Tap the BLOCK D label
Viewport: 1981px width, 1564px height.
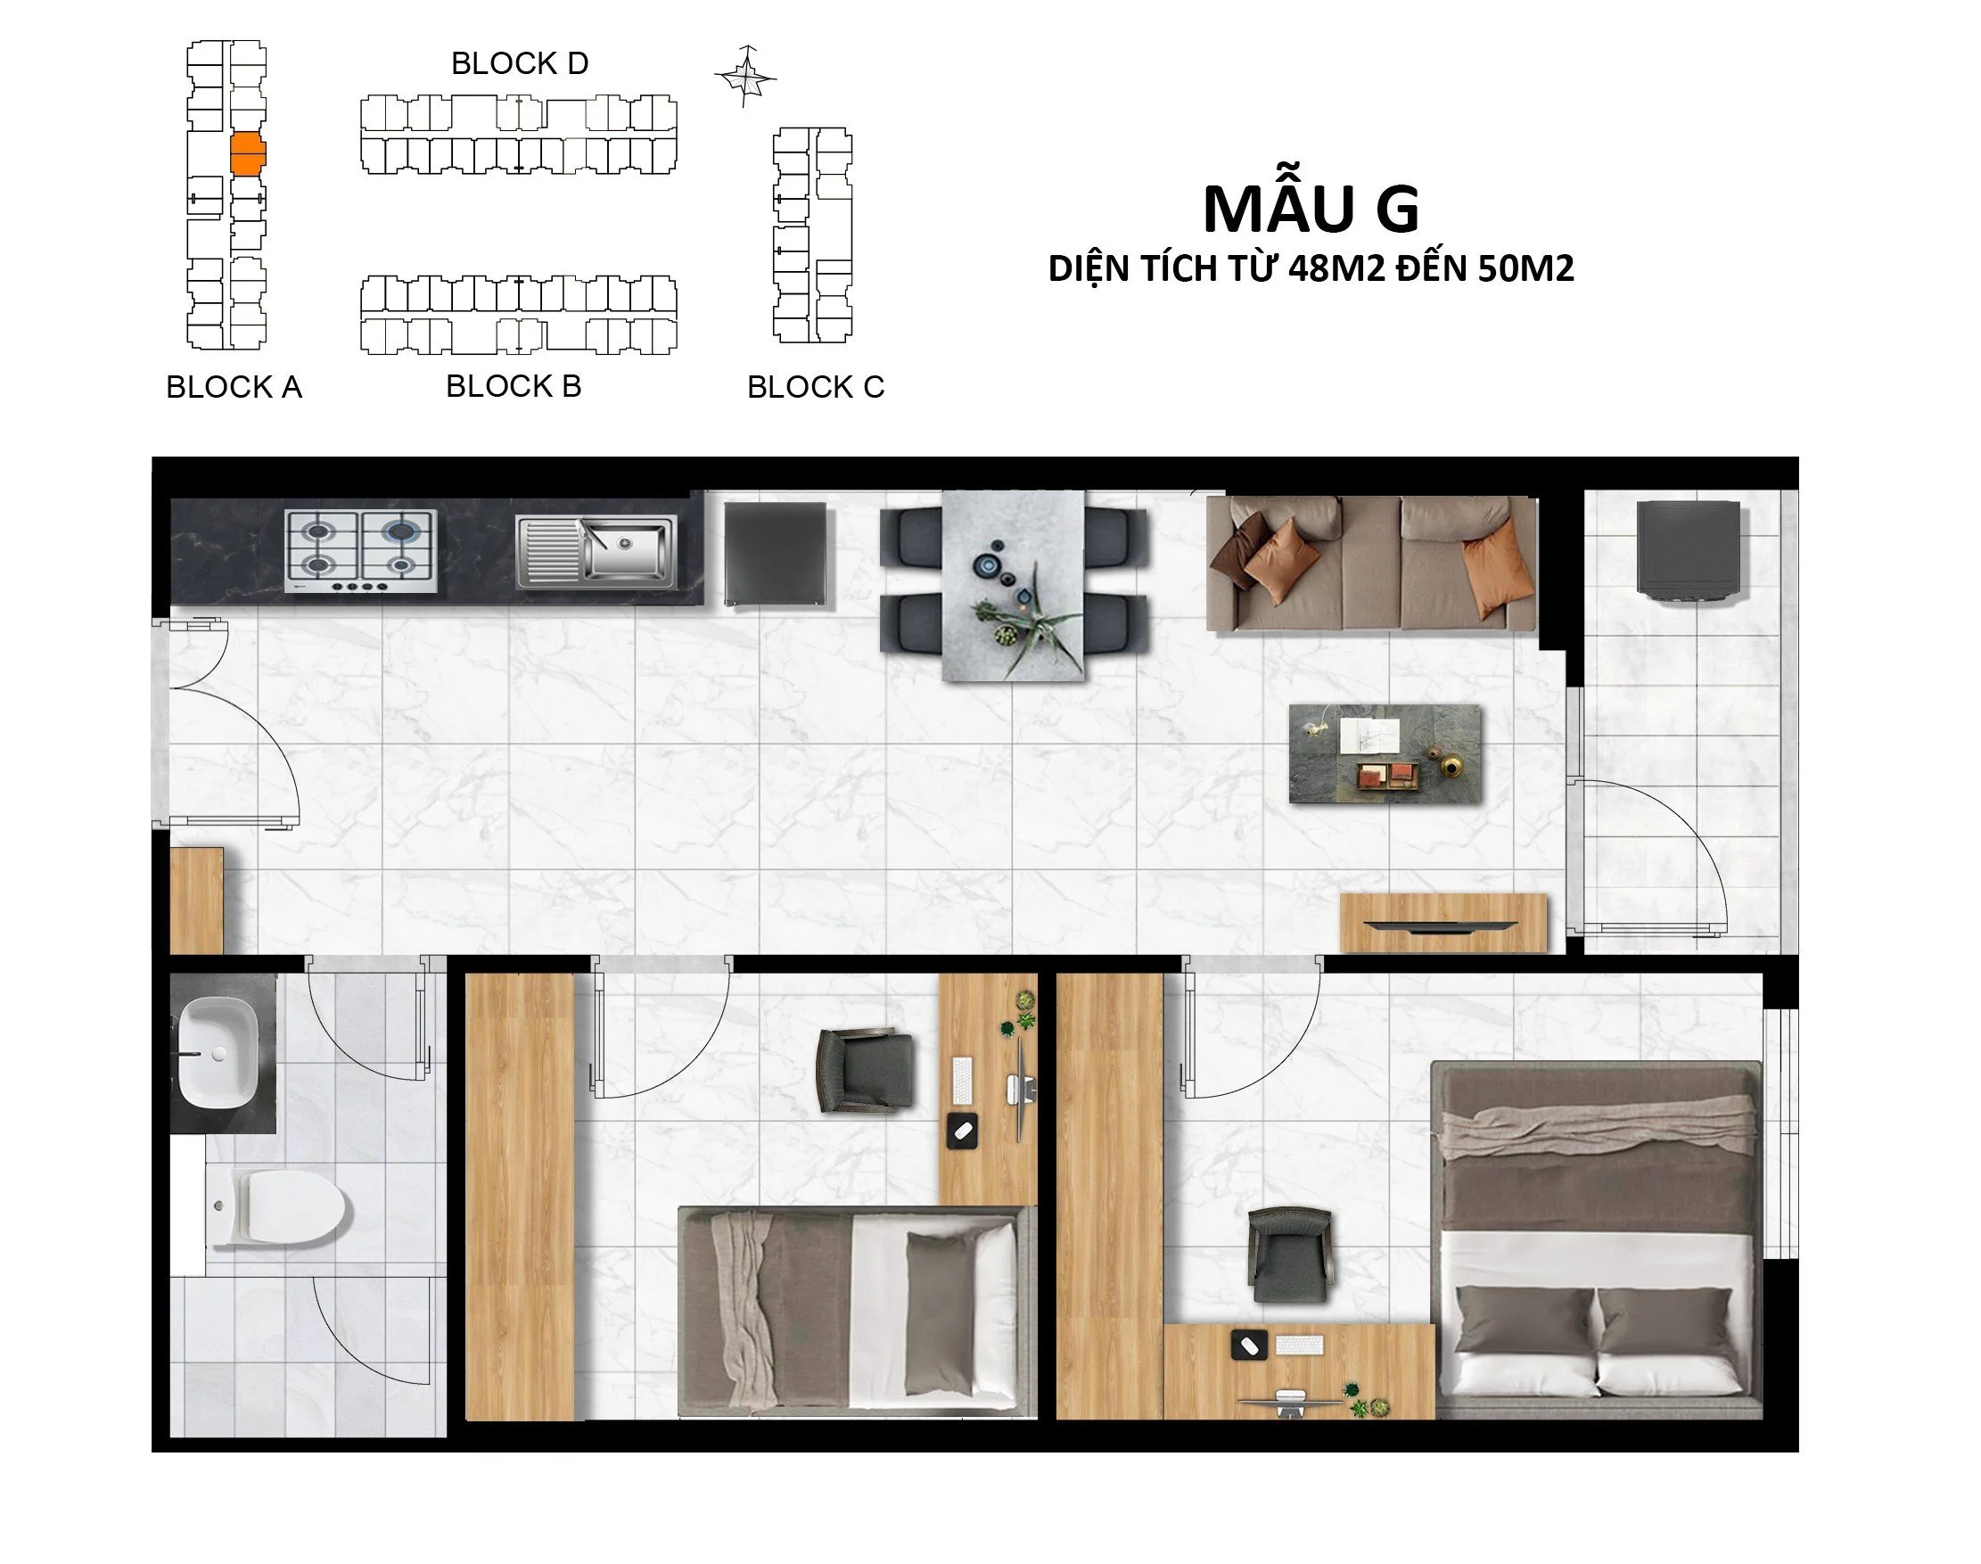tap(519, 63)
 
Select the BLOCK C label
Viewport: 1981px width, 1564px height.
tap(816, 386)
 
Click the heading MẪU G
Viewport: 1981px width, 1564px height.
tap(1311, 209)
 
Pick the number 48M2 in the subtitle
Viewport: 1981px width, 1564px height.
tap(1336, 268)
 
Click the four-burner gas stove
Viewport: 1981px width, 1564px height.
tap(361, 551)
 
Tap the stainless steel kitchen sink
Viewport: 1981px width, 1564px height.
tap(596, 550)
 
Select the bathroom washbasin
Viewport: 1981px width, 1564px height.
tap(218, 1052)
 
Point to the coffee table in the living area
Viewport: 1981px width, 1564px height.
tap(1385, 753)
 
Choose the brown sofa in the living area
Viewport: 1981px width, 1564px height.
tap(1371, 564)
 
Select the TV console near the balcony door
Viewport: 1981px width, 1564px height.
tap(1443, 923)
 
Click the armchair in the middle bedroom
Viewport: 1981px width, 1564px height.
tap(865, 1069)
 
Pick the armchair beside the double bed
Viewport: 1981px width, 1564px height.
tap(1289, 1255)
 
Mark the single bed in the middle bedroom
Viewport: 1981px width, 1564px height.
tap(856, 1312)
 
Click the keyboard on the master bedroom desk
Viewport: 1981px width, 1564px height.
tap(1299, 1346)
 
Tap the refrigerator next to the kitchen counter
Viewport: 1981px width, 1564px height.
tap(775, 553)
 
